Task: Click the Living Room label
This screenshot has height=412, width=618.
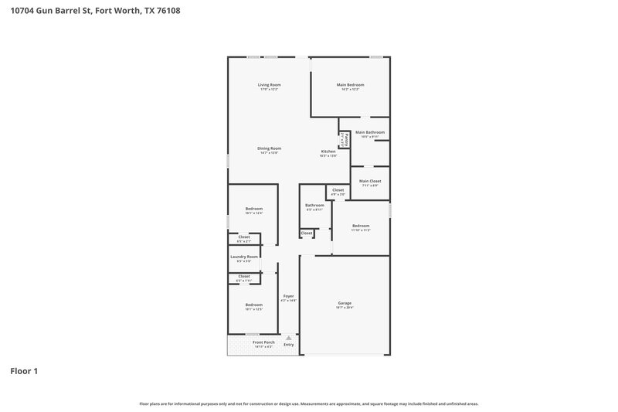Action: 269,84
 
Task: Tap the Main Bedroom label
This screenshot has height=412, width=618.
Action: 350,84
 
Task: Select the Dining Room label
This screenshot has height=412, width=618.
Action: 269,148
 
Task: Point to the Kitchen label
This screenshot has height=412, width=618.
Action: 328,151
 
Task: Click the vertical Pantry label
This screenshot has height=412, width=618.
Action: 345,139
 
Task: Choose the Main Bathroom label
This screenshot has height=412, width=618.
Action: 370,132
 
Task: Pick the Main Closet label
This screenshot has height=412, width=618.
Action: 370,181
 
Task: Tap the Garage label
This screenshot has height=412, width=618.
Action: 345,302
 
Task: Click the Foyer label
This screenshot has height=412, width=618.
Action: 288,295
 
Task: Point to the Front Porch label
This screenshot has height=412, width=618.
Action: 263,342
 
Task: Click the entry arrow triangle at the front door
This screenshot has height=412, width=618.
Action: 288,338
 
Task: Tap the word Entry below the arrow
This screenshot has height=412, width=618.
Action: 288,345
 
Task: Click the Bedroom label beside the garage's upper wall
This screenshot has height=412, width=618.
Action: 361,226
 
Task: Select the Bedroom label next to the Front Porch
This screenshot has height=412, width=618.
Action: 254,305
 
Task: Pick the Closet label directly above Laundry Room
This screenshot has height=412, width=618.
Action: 244,237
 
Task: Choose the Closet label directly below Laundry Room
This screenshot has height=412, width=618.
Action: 244,276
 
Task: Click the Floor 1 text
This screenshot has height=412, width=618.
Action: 24,371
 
